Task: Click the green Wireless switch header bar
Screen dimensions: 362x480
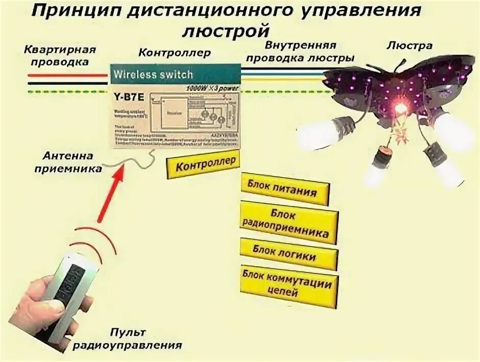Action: tap(176, 73)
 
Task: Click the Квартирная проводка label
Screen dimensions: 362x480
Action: tap(60, 56)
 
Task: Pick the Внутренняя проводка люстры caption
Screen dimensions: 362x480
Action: tap(300, 52)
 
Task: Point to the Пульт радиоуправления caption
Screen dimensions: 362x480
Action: tap(127, 339)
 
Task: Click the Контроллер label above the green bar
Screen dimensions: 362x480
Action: tap(175, 53)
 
